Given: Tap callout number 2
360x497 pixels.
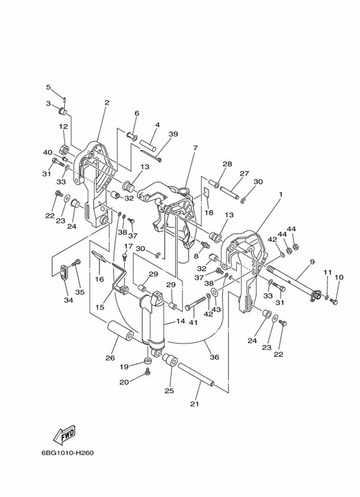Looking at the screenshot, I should pyautogui.click(x=107, y=103).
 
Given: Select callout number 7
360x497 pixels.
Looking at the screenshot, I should pyautogui.click(x=195, y=148).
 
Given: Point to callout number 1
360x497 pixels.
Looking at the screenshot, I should pyautogui.click(x=280, y=195).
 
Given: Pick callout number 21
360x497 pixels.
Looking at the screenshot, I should pyautogui.click(x=194, y=403).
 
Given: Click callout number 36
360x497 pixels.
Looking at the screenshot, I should pyautogui.click(x=214, y=357).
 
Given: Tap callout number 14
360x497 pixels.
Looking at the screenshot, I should pyautogui.click(x=179, y=321).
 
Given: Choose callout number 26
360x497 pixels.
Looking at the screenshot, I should pyautogui.click(x=110, y=358).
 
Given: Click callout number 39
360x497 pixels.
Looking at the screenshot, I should pyautogui.click(x=173, y=134).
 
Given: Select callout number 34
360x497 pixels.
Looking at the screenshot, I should pyautogui.click(x=68, y=300).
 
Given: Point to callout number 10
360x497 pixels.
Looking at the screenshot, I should pyautogui.click(x=339, y=277).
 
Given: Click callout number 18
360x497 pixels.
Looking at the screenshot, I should pyautogui.click(x=208, y=213).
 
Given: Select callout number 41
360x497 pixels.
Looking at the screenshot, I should pyautogui.click(x=193, y=323).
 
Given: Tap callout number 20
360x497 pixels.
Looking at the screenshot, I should pyautogui.click(x=123, y=382).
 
